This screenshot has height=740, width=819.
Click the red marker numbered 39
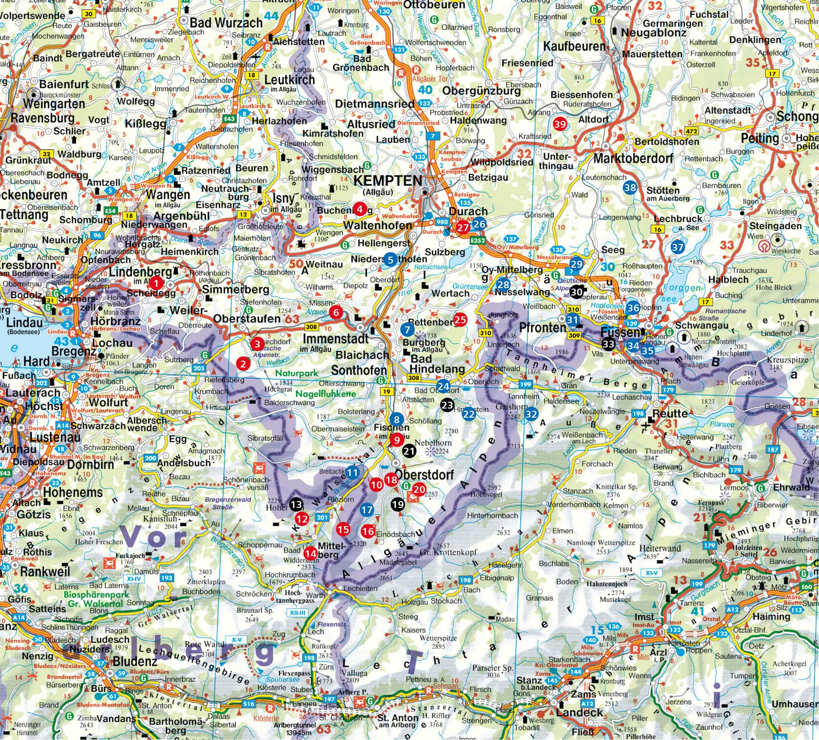[560, 124]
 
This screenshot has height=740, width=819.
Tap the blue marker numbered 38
[630, 187]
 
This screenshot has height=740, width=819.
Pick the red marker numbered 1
[156, 283]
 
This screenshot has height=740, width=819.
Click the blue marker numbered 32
[530, 414]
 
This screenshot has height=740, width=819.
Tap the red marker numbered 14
[311, 553]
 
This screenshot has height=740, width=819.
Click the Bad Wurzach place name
[226, 23]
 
